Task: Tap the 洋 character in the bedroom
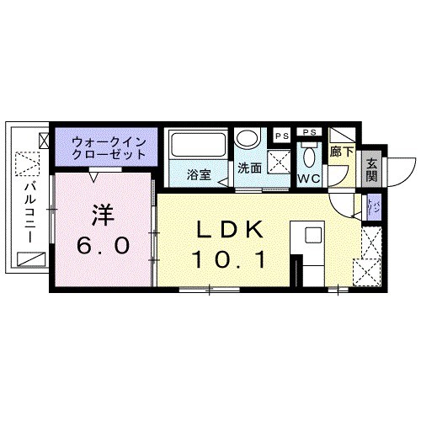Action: [102, 215]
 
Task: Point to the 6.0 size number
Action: [103, 246]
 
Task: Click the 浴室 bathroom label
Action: [199, 176]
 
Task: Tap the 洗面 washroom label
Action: [248, 168]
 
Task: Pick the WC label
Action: [307, 179]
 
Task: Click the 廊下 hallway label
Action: [341, 152]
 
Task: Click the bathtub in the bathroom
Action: [196, 146]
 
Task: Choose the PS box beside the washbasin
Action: [279, 135]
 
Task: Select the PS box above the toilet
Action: [309, 133]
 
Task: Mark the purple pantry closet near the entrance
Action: [371, 205]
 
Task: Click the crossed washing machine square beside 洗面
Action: [279, 162]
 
